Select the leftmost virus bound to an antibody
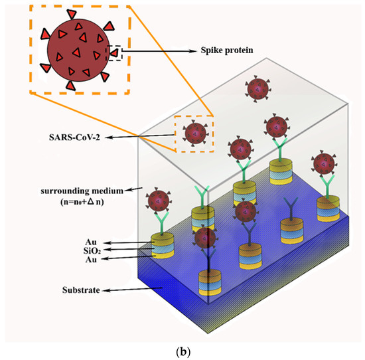coord(159,199)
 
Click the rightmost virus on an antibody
coord(325,162)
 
